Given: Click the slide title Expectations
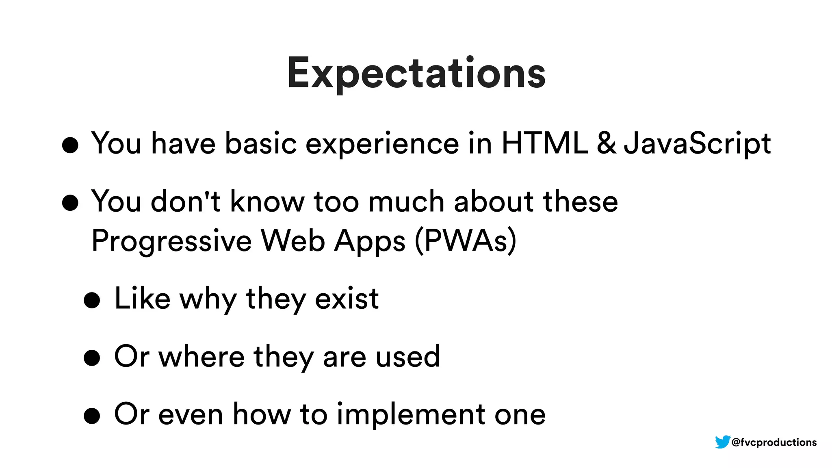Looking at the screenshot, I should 416,73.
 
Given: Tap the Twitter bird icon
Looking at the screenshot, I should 722,442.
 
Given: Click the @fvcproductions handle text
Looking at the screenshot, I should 774,442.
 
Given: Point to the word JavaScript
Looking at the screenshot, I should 697,144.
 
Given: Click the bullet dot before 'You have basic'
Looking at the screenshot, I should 70,145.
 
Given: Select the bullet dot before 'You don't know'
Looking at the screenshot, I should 70,203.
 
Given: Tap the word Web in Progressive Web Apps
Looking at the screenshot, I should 292,240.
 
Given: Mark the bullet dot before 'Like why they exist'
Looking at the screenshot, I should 92,301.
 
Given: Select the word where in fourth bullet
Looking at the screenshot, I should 201,357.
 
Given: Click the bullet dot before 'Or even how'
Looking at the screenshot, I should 92,416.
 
